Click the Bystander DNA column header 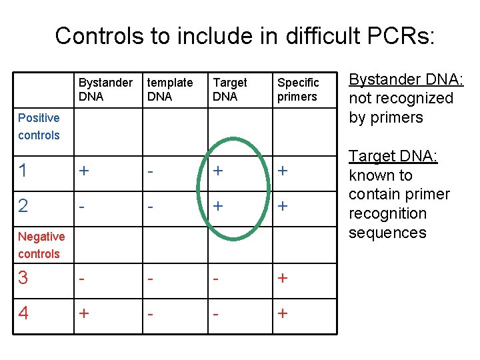(x=105, y=89)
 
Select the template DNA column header (x=169, y=89)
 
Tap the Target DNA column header (x=229, y=89)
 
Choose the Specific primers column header (x=298, y=89)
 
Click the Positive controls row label (x=39, y=127)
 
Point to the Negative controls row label (x=41, y=245)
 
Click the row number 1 (x=23, y=171)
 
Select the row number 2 (x=23, y=206)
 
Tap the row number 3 (x=23, y=278)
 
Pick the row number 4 (x=23, y=313)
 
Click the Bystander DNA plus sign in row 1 (x=83, y=171)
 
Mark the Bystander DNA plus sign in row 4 (x=83, y=313)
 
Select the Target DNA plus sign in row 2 (x=217, y=206)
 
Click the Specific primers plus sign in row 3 (x=283, y=278)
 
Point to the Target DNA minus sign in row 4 (x=216, y=313)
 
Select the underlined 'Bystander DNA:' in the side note (x=407, y=79)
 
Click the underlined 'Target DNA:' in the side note (x=393, y=156)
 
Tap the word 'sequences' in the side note (x=387, y=233)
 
